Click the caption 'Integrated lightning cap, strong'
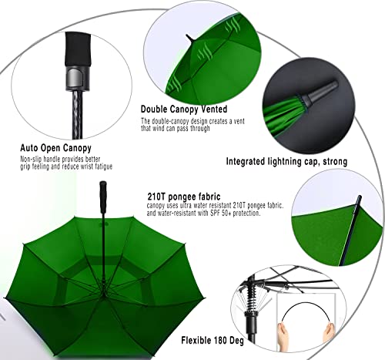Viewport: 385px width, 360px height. coord(286,162)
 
